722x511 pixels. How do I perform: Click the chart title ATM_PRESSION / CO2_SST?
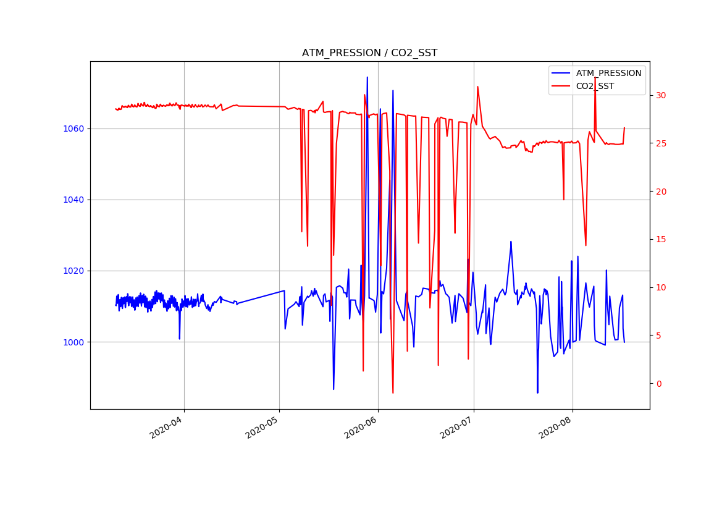pos(369,53)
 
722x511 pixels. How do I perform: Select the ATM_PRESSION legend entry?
pos(608,73)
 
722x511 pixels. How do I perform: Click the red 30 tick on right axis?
pos(661,95)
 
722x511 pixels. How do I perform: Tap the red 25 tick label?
pos(661,143)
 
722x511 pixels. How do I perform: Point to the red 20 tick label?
pos(661,192)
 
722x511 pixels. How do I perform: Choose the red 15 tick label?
pos(661,239)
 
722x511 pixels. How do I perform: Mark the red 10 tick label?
pos(661,287)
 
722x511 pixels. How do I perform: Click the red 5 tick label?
pos(658,336)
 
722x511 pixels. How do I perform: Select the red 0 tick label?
pos(658,384)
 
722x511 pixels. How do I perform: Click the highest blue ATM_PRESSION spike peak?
pos(367,77)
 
